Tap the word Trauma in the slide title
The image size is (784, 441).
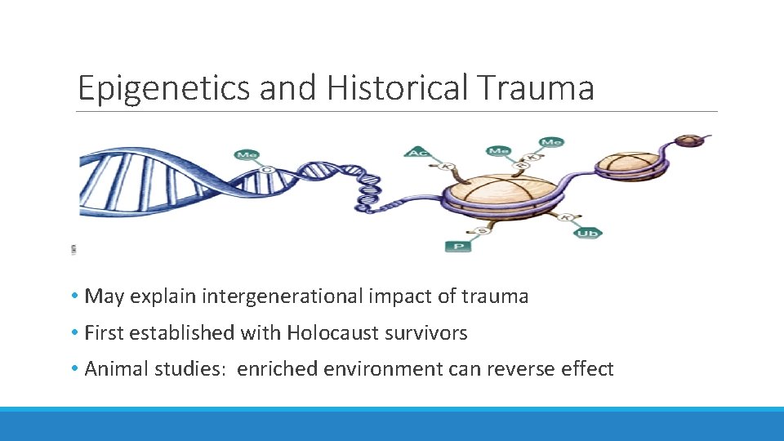(x=541, y=88)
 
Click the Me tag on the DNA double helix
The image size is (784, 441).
(x=246, y=154)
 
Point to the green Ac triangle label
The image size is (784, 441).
(x=417, y=153)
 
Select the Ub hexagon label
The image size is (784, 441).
(x=588, y=234)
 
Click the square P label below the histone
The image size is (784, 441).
(x=458, y=245)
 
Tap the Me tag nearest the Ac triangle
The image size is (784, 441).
(x=497, y=150)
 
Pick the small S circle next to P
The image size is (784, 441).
(x=483, y=231)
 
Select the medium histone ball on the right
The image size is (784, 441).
(x=629, y=163)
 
